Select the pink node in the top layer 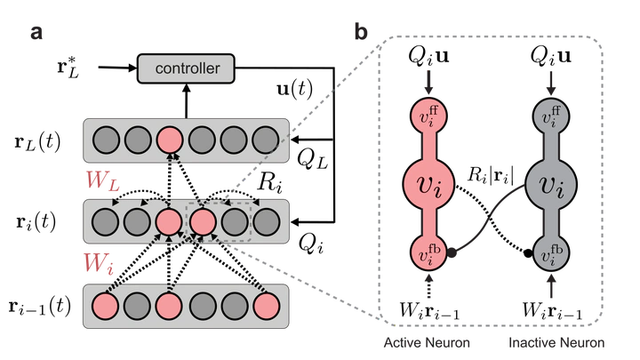coord(169,140)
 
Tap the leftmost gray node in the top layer coord(105,140)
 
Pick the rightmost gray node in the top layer coord(266,140)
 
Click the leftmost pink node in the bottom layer coord(105,306)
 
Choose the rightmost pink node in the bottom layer coord(266,306)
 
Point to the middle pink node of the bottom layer coord(169,306)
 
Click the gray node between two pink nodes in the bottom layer coord(137,306)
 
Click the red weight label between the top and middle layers coord(100,180)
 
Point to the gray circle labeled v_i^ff coord(552,116)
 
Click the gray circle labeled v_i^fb coord(552,253)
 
